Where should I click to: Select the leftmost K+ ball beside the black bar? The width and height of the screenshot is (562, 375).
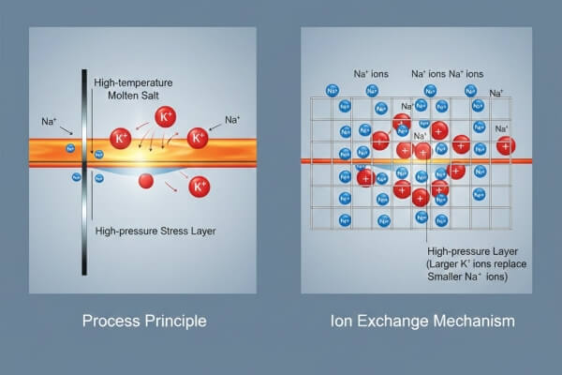tap(121, 139)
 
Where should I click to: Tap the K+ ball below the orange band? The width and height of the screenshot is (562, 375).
tap(199, 187)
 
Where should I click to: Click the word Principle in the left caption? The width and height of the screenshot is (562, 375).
tap(174, 322)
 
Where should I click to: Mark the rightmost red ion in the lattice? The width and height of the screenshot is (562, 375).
tap(506, 145)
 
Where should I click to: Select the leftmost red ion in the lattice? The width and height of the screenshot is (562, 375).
tap(365, 177)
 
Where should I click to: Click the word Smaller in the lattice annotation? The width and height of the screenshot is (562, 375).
tap(444, 277)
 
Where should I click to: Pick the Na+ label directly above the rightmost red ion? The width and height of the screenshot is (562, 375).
tap(501, 128)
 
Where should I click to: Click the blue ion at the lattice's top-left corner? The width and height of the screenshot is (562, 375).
tap(332, 90)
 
